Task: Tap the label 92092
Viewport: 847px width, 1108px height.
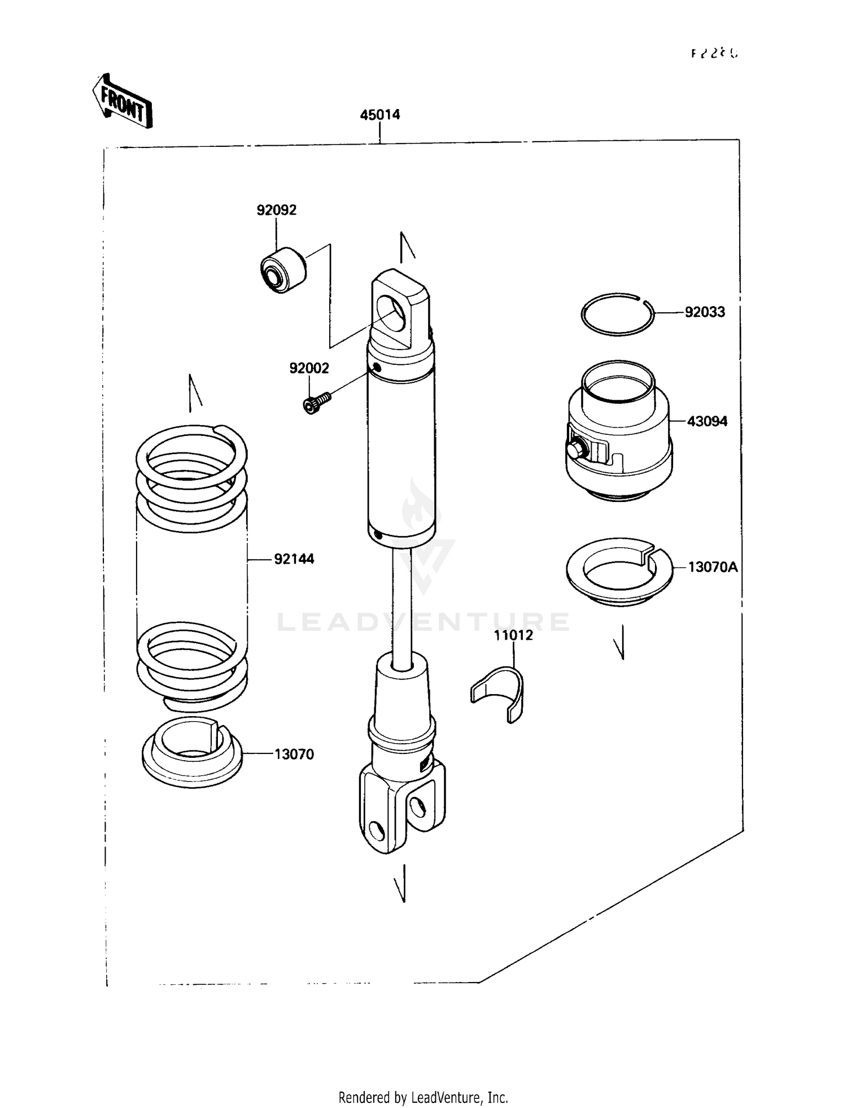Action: (x=276, y=210)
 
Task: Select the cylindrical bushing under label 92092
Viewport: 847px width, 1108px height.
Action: (x=283, y=270)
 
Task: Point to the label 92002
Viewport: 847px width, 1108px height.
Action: (x=309, y=368)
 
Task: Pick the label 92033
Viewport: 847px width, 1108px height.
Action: (x=704, y=312)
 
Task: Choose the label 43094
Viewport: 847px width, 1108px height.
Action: (x=706, y=421)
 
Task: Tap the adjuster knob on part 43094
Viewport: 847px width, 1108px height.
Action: (x=577, y=450)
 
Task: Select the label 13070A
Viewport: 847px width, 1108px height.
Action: (x=712, y=567)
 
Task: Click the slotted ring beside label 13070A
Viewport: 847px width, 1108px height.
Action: (x=619, y=572)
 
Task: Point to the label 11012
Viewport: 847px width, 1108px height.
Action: (x=513, y=635)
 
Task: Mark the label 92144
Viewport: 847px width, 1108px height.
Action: (x=294, y=559)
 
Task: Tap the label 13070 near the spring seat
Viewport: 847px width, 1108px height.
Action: (x=294, y=754)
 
